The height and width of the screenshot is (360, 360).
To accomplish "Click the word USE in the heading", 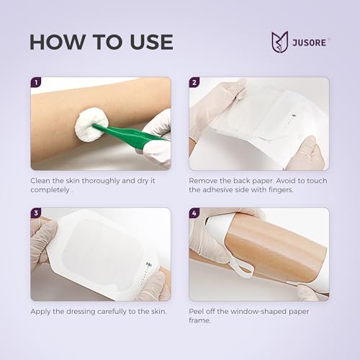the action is point(151,42).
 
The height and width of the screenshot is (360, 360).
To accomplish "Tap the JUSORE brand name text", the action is point(309,42).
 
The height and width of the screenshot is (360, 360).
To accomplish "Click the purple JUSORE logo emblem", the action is point(279,42).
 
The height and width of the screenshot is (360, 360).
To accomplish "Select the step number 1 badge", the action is point(36,82).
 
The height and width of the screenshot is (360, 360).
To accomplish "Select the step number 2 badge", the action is point(194,82).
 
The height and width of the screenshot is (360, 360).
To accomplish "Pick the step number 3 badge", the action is point(36,213).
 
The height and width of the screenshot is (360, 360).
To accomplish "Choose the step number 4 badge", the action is point(194,213).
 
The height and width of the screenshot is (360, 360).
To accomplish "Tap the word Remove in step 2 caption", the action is point(203,181).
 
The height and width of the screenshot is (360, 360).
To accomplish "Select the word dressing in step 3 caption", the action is point(81,312).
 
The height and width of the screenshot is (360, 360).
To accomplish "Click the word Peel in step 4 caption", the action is point(196,312).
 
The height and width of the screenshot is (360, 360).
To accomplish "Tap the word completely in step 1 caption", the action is point(50,190).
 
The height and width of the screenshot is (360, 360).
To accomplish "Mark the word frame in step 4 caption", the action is point(199,320).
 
